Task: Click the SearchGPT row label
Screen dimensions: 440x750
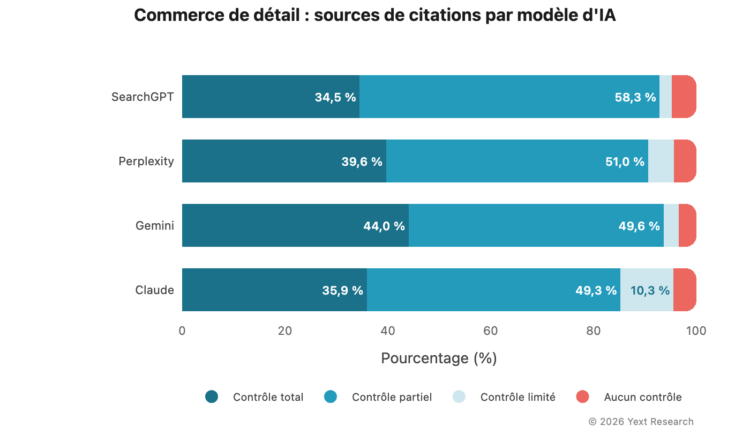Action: click(x=142, y=97)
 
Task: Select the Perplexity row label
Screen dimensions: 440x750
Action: click(x=146, y=162)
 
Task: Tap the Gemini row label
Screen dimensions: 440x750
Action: click(x=155, y=226)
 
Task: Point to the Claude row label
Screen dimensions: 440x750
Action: click(x=155, y=290)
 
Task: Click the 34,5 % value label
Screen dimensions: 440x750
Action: click(x=335, y=97)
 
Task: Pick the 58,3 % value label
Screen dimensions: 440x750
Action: click(x=635, y=97)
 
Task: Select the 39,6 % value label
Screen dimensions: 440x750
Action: click(x=362, y=162)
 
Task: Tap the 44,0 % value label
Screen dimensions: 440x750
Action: click(x=384, y=226)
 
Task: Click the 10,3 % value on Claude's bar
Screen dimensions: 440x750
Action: click(x=650, y=290)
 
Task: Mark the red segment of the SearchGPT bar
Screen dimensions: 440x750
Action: click(x=684, y=97)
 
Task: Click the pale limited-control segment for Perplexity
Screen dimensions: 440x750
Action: click(x=661, y=161)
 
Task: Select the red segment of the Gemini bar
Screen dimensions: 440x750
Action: click(x=687, y=225)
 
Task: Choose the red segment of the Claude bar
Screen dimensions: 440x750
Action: click(x=685, y=290)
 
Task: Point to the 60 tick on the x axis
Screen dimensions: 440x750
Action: click(x=491, y=331)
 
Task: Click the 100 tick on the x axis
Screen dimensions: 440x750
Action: click(x=696, y=331)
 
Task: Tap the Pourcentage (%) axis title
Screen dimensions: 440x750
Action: click(x=439, y=358)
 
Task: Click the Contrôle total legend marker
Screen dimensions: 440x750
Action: click(x=212, y=397)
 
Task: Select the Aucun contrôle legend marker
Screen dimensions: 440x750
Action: click(x=582, y=397)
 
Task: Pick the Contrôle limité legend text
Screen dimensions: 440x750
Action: click(x=517, y=397)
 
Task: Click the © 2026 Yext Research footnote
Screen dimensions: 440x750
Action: click(x=641, y=422)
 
